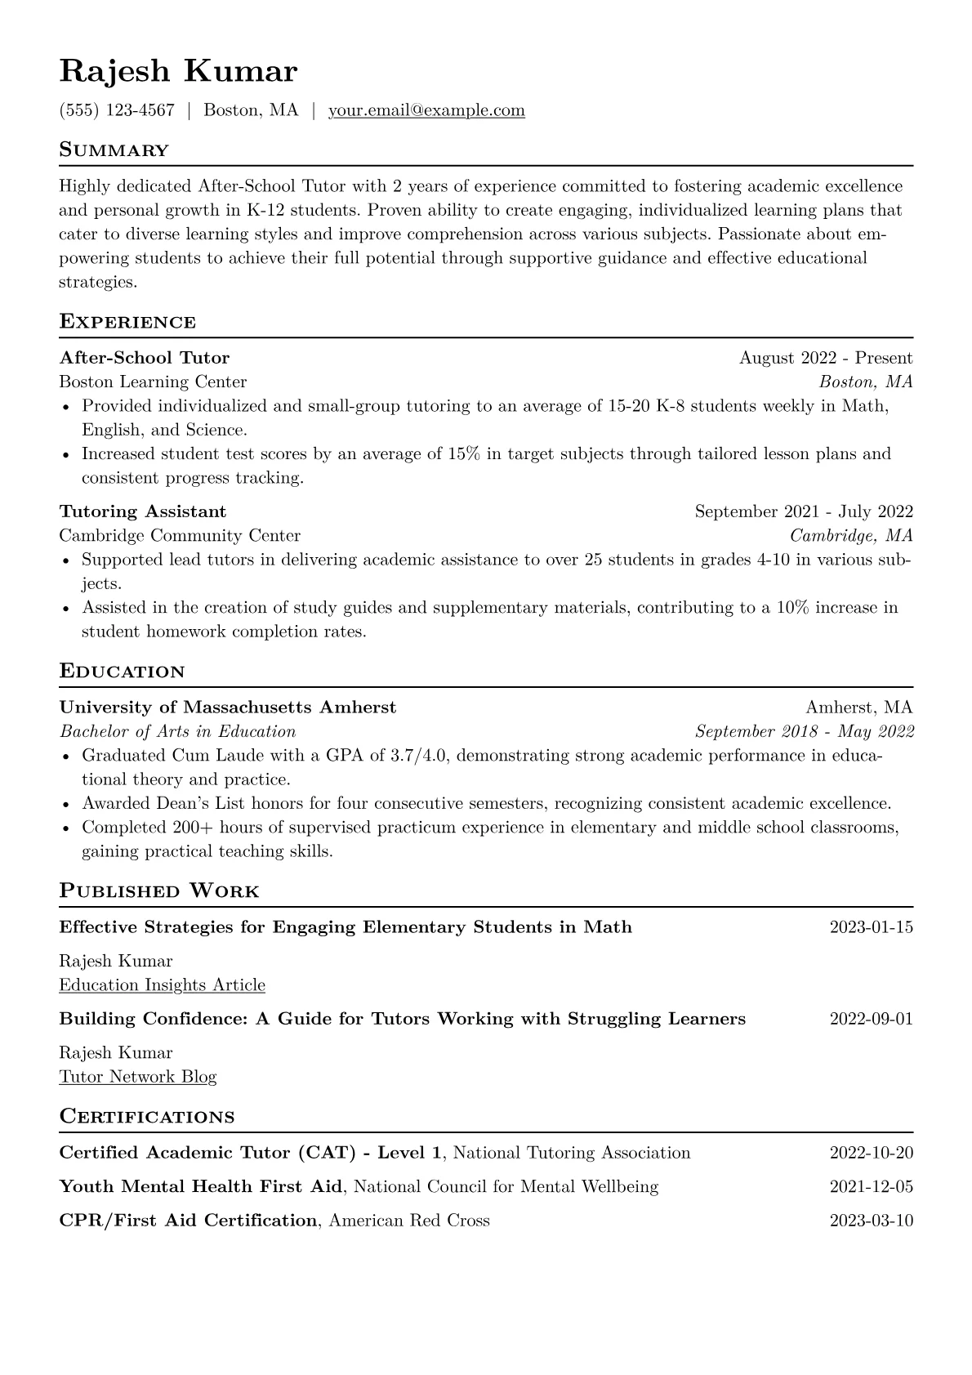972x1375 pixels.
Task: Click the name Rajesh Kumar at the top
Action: coord(178,72)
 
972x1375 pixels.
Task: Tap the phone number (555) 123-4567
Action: coord(117,110)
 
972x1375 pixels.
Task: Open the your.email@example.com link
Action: coord(426,110)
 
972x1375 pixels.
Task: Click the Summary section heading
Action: coord(114,150)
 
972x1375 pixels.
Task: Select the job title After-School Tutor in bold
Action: coord(145,358)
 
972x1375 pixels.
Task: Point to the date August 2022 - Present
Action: coord(826,358)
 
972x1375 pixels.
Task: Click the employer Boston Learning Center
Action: coord(153,382)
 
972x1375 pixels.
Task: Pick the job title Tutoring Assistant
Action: coord(143,511)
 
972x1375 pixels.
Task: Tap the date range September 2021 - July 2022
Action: coord(804,511)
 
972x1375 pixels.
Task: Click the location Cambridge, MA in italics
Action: coord(851,536)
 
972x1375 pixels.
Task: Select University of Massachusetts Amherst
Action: coord(228,708)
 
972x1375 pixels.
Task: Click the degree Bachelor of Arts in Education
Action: coord(178,731)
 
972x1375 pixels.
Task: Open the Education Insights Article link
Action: coord(163,985)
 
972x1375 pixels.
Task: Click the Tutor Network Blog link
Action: coord(138,1077)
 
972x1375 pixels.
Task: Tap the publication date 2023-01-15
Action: coord(872,927)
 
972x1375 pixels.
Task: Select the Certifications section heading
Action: coord(147,1117)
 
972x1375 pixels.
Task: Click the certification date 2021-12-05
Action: coord(872,1187)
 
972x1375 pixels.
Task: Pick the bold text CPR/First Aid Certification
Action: coord(188,1221)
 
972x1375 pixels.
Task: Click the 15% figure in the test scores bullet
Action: coord(463,454)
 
